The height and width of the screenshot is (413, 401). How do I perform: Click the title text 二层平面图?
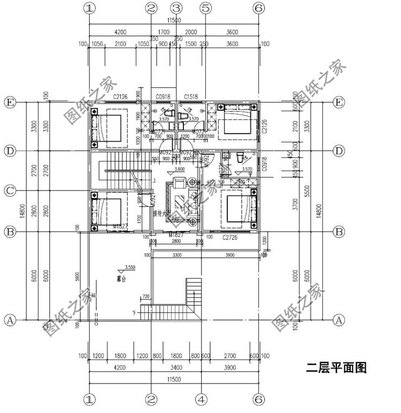[336, 368]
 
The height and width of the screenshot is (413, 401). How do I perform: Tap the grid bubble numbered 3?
[177, 8]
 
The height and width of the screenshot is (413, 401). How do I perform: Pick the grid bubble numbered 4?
[201, 399]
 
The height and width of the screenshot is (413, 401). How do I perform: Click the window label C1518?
[191, 96]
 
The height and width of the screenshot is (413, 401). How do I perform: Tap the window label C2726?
[230, 235]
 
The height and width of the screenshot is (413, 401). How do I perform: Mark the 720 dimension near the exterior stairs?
[146, 296]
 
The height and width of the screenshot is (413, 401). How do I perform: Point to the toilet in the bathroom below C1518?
[184, 115]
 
